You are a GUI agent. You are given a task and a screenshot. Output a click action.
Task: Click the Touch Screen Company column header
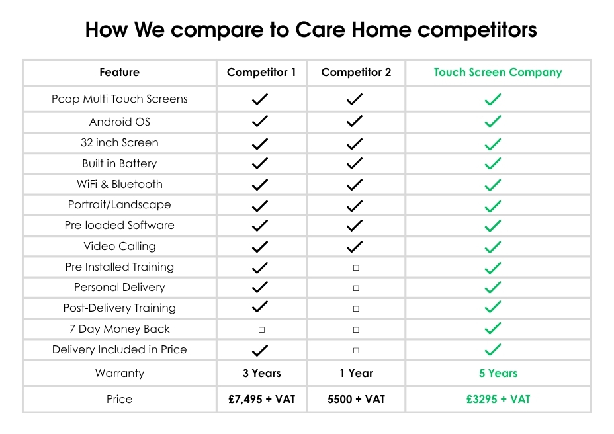tap(498, 73)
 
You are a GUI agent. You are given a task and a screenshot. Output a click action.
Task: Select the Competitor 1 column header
tap(261, 73)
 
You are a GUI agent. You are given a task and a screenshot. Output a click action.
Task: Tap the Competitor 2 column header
tap(356, 73)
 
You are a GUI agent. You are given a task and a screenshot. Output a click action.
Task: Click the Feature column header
tap(120, 73)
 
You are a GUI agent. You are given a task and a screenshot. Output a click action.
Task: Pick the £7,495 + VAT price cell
tap(261, 399)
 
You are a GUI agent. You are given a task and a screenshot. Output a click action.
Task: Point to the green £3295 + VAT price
tap(498, 399)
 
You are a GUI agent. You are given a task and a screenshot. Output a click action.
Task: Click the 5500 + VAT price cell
tap(357, 399)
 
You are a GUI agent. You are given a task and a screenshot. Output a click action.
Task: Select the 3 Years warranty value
tap(261, 373)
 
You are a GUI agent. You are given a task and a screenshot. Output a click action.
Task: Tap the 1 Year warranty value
tap(357, 373)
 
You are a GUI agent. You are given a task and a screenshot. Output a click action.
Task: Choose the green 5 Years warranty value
tap(498, 373)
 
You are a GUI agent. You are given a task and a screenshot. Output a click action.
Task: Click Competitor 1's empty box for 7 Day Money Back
tap(261, 330)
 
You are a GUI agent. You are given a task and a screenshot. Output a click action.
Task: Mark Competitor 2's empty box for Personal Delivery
tap(356, 288)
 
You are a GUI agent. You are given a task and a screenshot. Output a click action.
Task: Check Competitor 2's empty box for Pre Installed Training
tap(356, 268)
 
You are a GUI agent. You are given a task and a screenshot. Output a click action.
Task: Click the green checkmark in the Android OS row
tap(493, 122)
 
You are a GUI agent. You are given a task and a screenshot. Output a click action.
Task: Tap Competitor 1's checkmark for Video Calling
tap(259, 247)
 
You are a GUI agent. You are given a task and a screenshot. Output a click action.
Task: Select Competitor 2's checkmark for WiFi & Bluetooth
tap(355, 185)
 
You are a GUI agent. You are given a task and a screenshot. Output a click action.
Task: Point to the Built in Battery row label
tap(120, 163)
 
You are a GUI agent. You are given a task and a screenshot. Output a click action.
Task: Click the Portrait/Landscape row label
tap(120, 204)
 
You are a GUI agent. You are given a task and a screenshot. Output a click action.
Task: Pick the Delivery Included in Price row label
tap(120, 349)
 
